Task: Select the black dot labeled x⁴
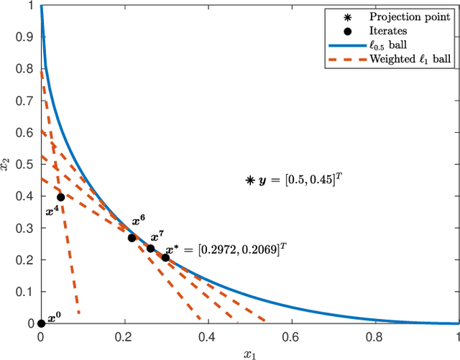coord(60,197)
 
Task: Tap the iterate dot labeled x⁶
coord(132,238)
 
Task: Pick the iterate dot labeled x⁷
coord(150,249)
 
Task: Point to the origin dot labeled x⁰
coord(41,323)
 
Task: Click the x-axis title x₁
coord(249,353)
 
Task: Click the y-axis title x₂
coord(7,165)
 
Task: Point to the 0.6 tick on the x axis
coord(292,336)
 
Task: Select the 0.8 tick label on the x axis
coord(375,336)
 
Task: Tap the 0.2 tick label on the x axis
coord(124,336)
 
